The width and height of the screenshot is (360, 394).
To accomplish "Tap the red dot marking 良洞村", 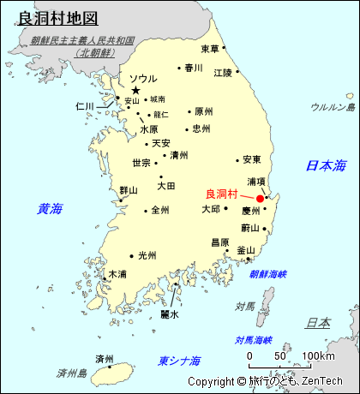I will pyautogui.click(x=260, y=199).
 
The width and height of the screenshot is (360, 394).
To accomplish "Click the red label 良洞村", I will pyautogui.click(x=222, y=194).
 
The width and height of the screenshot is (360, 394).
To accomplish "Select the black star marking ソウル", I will pyautogui.click(x=135, y=90).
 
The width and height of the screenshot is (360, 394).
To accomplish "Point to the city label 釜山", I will pyautogui.click(x=246, y=251).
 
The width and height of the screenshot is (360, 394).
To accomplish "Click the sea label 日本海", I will pyautogui.click(x=327, y=164).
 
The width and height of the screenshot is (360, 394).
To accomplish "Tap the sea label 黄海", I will pyautogui.click(x=50, y=208).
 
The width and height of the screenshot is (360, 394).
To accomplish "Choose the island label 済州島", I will pyautogui.click(x=72, y=373).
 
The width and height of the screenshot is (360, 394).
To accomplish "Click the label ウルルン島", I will pyautogui.click(x=333, y=107).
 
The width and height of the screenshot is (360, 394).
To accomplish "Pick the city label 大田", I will pyautogui.click(x=166, y=185).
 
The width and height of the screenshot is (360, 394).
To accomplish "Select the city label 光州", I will pyautogui.click(x=147, y=255).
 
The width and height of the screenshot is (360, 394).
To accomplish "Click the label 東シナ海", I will pyautogui.click(x=180, y=361).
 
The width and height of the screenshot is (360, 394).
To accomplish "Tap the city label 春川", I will pyautogui.click(x=193, y=68).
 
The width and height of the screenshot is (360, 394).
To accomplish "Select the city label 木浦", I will pyautogui.click(x=117, y=274).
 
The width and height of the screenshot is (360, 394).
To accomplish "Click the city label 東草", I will pyautogui.click(x=209, y=49).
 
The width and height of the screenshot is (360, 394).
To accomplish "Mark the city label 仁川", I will pyautogui.click(x=84, y=107).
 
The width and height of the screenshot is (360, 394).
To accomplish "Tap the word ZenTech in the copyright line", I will pyautogui.click(x=323, y=381).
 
